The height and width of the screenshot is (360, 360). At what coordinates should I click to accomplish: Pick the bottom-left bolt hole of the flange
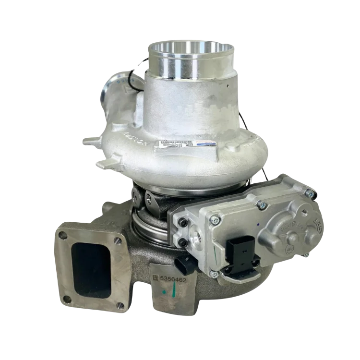tap(66, 299)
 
